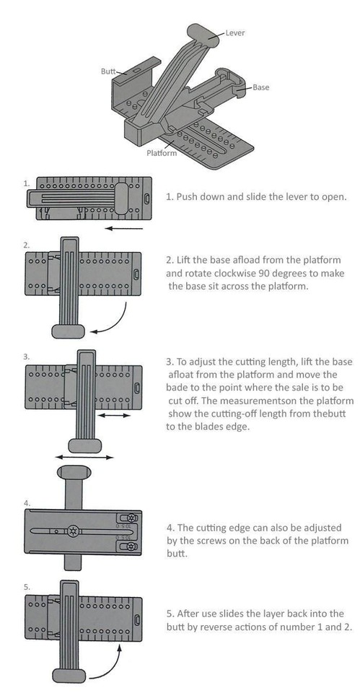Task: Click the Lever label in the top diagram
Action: (x=234, y=32)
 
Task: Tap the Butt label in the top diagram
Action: (x=107, y=71)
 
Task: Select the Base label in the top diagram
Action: (x=260, y=87)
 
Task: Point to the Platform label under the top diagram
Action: (x=162, y=153)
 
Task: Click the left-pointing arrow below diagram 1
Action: (x=124, y=229)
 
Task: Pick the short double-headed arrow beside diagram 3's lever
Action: (x=114, y=416)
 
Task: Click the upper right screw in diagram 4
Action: (x=131, y=518)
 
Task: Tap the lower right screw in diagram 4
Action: (x=131, y=548)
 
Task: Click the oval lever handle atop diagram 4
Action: (x=74, y=471)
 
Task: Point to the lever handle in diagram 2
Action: (x=68, y=331)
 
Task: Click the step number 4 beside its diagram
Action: (x=27, y=503)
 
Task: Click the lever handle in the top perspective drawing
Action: (x=203, y=35)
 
